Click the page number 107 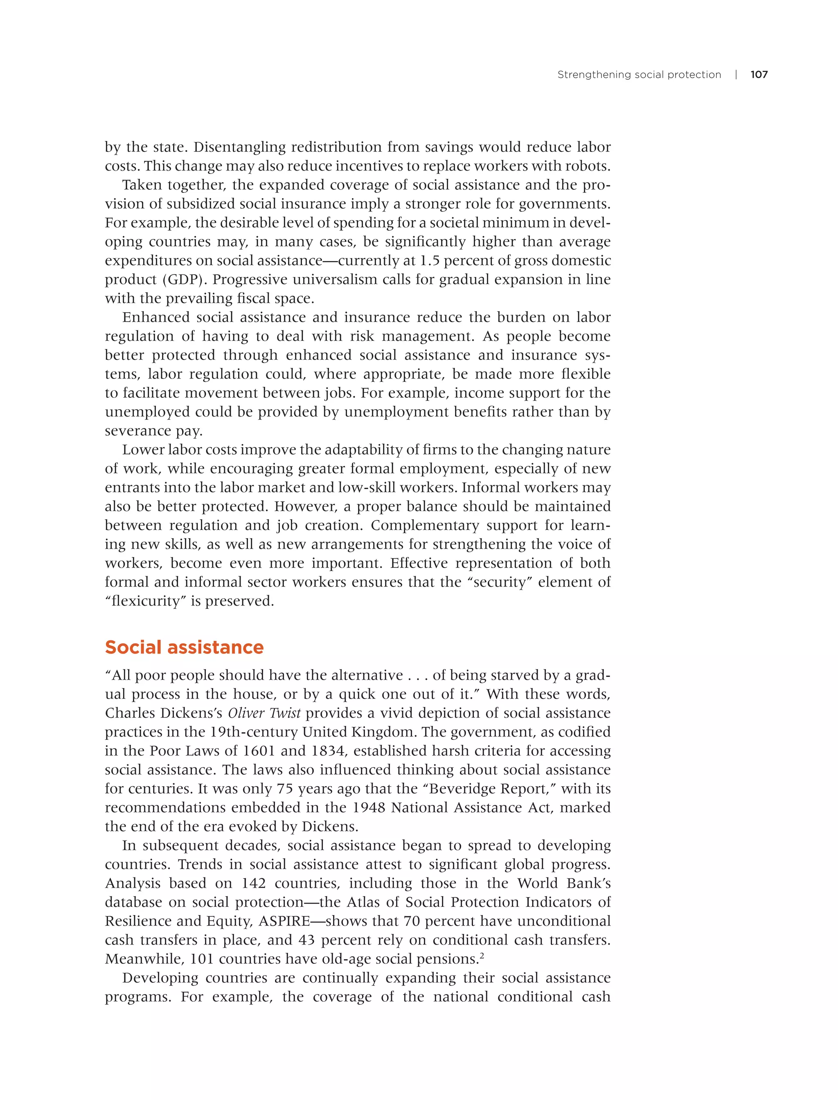point(759,75)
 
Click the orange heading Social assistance point(184,647)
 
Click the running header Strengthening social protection point(639,75)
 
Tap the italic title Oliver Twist point(264,713)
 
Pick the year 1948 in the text point(369,808)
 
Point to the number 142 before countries point(253,884)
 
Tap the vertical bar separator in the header point(736,75)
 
